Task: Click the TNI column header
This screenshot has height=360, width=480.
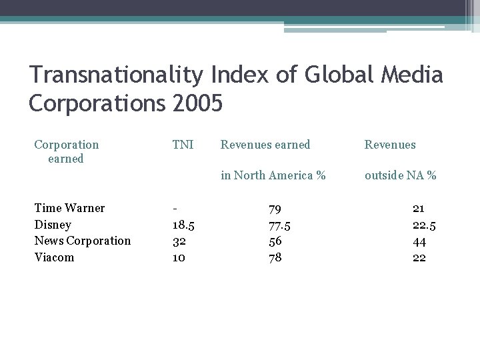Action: (183, 145)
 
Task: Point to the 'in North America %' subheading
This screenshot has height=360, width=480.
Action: (273, 176)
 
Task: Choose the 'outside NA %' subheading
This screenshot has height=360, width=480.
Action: (400, 176)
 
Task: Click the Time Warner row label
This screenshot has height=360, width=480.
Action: (69, 208)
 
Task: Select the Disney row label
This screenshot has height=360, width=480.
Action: (53, 225)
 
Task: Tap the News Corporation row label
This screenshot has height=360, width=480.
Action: (82, 241)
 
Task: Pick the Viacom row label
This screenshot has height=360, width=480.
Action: (54, 257)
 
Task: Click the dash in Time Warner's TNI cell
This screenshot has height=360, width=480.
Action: (174, 208)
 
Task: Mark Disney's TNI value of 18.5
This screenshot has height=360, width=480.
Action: (183, 225)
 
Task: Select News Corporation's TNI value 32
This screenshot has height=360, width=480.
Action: (179, 241)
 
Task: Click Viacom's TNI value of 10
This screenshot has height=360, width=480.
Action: (179, 257)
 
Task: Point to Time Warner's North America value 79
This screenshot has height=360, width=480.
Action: (275, 208)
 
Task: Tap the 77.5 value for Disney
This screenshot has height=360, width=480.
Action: (279, 225)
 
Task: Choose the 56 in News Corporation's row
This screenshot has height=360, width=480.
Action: (275, 241)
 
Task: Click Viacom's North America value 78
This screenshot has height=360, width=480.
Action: (275, 257)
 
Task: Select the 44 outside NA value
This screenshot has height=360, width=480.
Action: (419, 241)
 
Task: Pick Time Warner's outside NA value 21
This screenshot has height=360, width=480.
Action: (419, 208)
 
